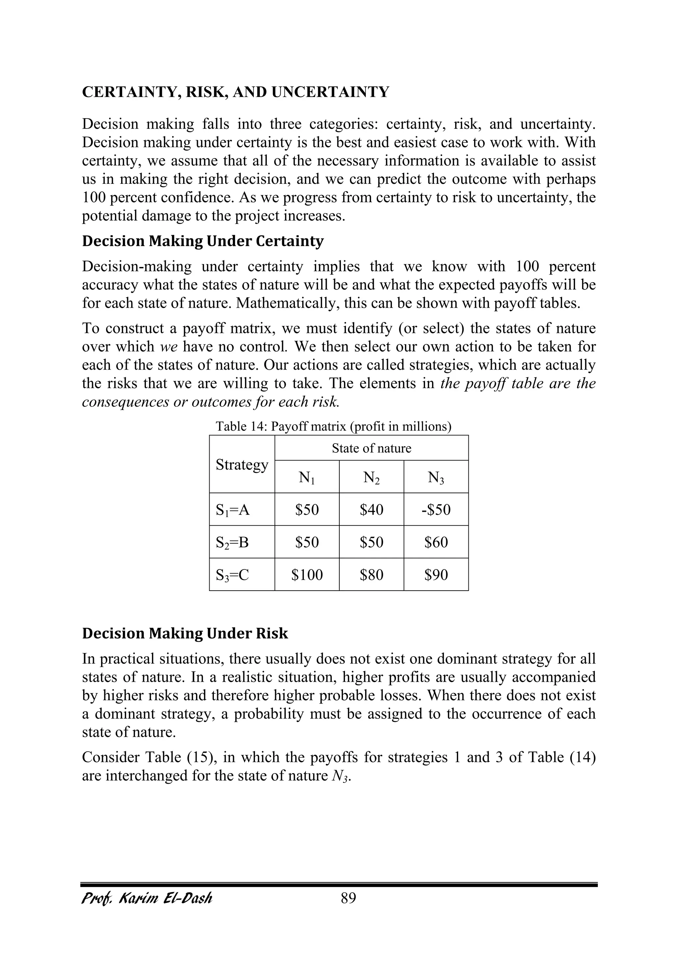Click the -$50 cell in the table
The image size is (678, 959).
(x=436, y=509)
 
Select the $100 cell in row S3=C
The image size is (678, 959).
(x=307, y=575)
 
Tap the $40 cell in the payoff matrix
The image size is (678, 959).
(x=371, y=509)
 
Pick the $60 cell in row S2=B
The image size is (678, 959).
(x=436, y=542)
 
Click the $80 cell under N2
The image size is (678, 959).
(x=371, y=575)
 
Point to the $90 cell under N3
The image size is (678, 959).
(x=436, y=575)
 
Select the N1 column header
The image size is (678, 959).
(x=307, y=477)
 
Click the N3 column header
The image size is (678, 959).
(x=436, y=477)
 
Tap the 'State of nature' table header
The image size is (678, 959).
(x=371, y=449)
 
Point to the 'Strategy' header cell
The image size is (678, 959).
(x=242, y=465)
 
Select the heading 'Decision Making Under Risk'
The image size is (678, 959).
(x=185, y=633)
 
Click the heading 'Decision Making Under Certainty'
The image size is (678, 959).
(x=203, y=241)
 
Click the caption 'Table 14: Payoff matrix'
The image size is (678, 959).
(x=333, y=426)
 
